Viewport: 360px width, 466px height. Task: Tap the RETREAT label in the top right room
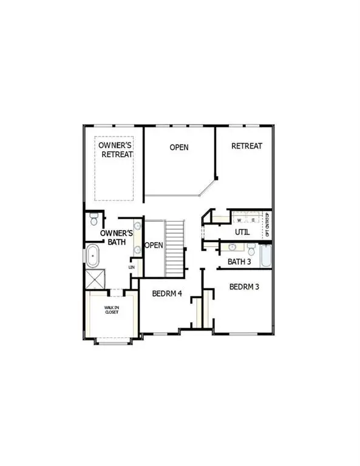pyautogui.click(x=246, y=146)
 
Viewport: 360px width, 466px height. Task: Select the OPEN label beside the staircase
pyautogui.click(x=153, y=246)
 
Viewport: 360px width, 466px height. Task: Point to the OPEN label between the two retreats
pyautogui.click(x=179, y=147)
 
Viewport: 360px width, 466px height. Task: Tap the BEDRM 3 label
pyautogui.click(x=245, y=286)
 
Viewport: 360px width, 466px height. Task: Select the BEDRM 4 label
pyautogui.click(x=167, y=294)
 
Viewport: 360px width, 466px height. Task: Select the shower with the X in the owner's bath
pyautogui.click(x=94, y=280)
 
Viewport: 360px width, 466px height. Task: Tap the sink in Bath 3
pyautogui.click(x=233, y=248)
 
